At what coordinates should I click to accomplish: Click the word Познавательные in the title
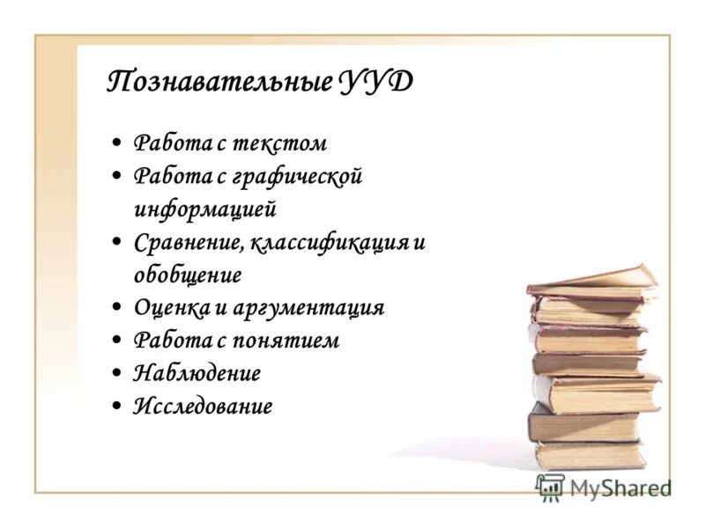[219, 83]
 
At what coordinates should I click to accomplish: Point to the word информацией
[205, 209]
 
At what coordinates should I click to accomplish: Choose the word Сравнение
[189, 242]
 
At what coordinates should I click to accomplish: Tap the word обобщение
[187, 275]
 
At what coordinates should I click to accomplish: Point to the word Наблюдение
[197, 372]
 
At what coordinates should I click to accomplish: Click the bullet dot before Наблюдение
[117, 373]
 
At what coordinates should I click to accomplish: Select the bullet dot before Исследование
[117, 406]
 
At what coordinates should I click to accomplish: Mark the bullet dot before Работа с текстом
[117, 143]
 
